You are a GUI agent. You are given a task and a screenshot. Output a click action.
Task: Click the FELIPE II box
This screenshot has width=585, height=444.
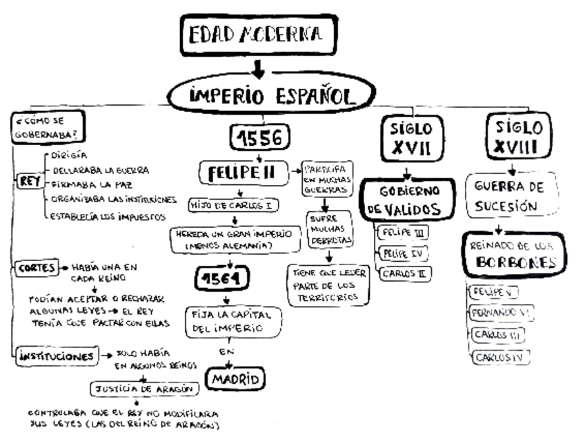242,173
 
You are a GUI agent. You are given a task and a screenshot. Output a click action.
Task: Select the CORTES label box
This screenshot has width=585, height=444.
34,267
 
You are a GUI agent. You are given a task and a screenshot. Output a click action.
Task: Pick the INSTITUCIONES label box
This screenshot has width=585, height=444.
53,357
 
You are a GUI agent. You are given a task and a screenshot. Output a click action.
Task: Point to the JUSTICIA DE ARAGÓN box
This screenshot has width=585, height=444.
143,389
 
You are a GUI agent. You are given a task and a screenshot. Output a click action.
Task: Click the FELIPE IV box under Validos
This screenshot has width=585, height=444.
401,254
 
